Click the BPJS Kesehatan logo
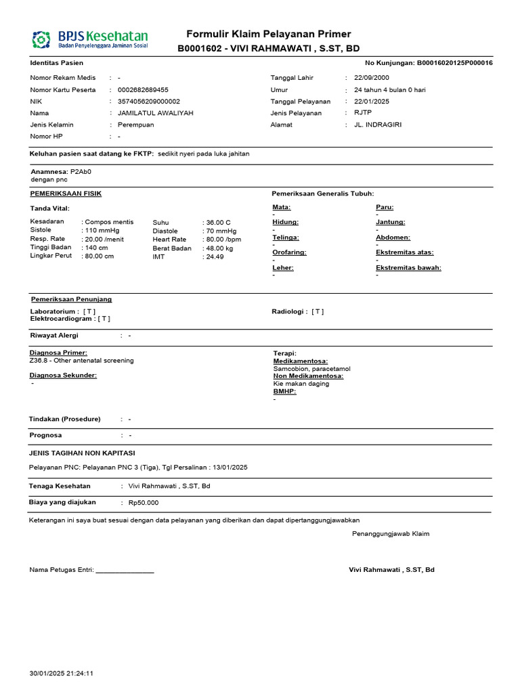[x=89, y=39]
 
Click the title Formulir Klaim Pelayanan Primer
[x=269, y=35]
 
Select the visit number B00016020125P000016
[x=445, y=63]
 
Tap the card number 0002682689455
[x=143, y=90]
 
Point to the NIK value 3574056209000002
[x=149, y=102]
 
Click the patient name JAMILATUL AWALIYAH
[x=155, y=113]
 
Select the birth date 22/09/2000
[x=373, y=78]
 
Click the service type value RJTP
[x=363, y=113]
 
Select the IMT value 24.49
[x=215, y=257]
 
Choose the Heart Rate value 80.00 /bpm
[x=223, y=240]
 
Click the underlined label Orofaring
[x=289, y=252]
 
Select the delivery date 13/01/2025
[x=230, y=467]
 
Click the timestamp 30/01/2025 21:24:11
[x=61, y=673]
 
